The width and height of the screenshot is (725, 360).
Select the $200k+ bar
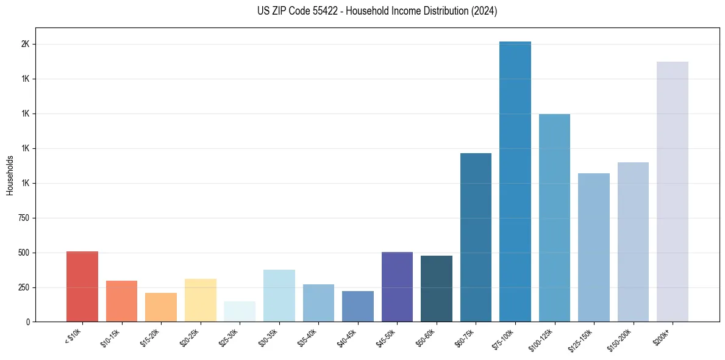click(672, 192)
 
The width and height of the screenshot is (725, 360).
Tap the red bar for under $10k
click(82, 286)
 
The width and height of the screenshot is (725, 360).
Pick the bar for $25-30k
click(240, 311)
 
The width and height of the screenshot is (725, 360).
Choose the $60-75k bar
click(476, 237)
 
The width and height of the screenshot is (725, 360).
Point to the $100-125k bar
click(554, 218)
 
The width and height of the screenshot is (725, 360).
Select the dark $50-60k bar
click(437, 289)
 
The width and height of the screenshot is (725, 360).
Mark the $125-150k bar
click(593, 247)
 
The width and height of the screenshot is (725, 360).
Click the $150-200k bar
click(633, 242)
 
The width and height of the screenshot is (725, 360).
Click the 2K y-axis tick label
click(26, 45)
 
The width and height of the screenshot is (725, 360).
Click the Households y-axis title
click(10, 175)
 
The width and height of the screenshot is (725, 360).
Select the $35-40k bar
click(318, 303)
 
